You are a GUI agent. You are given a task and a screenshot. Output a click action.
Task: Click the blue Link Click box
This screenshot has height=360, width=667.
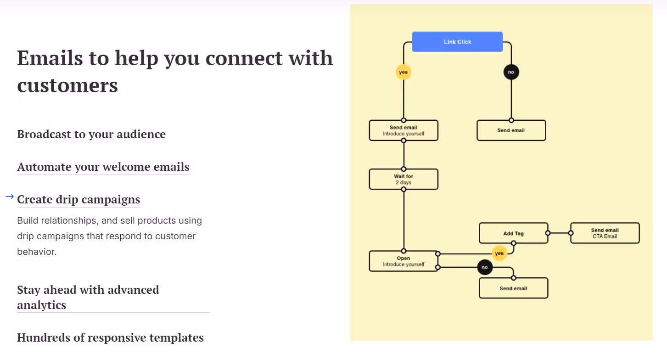457,42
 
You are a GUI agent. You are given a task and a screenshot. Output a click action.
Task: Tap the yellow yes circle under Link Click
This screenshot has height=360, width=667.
403,72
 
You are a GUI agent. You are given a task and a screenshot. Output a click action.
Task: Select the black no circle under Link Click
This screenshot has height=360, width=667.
511,72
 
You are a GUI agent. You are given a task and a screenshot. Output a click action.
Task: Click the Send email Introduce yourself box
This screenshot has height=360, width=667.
404,130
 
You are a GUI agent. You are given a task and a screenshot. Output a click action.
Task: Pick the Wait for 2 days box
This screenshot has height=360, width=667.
404,179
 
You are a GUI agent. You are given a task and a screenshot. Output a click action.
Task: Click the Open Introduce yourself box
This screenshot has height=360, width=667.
404,261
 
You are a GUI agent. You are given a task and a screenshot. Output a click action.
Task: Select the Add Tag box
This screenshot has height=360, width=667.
513,233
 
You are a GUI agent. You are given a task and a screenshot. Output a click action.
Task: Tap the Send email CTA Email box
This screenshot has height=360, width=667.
605,233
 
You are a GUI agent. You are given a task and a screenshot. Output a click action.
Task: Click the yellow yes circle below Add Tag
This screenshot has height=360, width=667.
499,253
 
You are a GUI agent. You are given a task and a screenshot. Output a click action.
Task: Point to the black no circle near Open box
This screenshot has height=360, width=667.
485,267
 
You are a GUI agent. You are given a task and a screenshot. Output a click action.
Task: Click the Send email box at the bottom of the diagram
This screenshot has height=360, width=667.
513,288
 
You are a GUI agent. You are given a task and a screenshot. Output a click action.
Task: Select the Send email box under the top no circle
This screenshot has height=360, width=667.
511,130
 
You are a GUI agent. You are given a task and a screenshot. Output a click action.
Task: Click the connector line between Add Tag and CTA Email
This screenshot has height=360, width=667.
559,233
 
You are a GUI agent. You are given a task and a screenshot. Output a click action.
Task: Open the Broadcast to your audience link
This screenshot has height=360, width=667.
91,134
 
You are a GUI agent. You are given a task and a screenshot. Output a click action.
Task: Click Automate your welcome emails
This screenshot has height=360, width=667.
103,167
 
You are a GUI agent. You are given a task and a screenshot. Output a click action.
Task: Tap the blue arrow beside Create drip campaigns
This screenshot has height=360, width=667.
10,197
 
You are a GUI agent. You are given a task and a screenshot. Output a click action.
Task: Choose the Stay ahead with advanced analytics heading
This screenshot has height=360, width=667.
88,297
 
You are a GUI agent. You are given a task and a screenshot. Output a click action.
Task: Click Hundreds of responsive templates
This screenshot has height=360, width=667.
110,337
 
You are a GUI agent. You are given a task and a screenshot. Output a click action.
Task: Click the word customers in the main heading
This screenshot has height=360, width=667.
67,85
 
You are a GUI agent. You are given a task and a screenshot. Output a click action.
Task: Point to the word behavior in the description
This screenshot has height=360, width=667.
36,252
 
